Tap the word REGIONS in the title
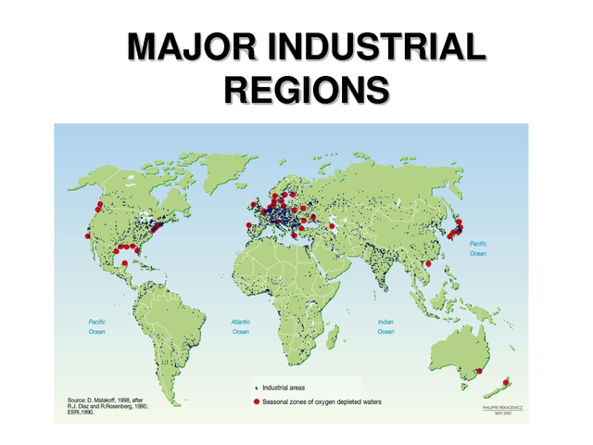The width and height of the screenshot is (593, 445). pyautogui.click(x=306, y=91)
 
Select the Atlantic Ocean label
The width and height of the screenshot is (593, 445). pyautogui.click(x=241, y=325)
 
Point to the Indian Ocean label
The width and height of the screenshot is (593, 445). pyautogui.click(x=386, y=325)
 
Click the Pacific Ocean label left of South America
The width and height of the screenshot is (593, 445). pyautogui.click(x=97, y=325)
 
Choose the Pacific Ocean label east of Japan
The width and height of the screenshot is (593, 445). pyautogui.click(x=478, y=248)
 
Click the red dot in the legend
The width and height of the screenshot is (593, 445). pyautogui.click(x=256, y=401)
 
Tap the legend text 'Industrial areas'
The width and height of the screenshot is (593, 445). pyautogui.click(x=291, y=387)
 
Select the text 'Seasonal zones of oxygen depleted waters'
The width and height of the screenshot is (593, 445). pyautogui.click(x=322, y=401)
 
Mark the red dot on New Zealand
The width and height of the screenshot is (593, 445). pyautogui.click(x=507, y=381)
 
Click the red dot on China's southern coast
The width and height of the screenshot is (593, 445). pyautogui.click(x=428, y=263)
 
